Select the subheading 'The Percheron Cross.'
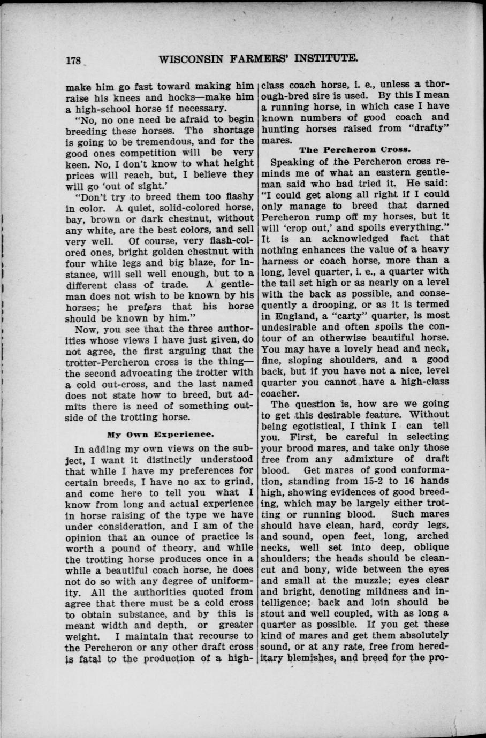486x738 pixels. [x=354, y=151]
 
